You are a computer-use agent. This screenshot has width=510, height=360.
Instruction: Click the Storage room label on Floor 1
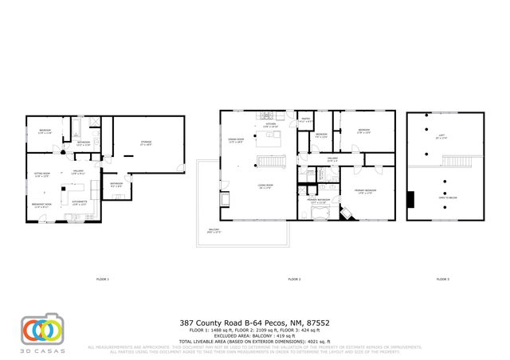[x=147, y=144]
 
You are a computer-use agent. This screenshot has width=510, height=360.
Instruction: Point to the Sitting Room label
[x=41, y=175]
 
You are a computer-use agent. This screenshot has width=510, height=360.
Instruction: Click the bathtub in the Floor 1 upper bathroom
[x=95, y=123]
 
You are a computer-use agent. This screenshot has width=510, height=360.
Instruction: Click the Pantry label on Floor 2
[x=304, y=120]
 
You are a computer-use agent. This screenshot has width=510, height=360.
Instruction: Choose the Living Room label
[x=265, y=188]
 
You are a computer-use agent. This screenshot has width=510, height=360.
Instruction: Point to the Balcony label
[x=214, y=231]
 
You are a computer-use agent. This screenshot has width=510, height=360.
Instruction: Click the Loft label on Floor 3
[x=441, y=136]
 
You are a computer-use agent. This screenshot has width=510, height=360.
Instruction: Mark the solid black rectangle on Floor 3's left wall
[x=411, y=199]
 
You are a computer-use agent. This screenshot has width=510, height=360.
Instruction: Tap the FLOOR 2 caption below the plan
[x=294, y=280]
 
